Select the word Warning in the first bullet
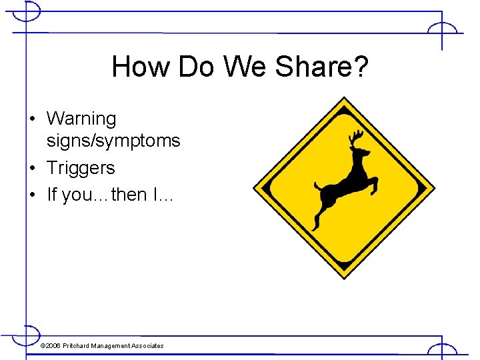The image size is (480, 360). (81, 119)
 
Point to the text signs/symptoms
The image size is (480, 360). (113, 141)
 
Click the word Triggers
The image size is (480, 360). (81, 168)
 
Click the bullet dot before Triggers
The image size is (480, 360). (33, 169)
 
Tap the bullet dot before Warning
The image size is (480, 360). (33, 119)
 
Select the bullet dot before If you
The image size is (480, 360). (33, 195)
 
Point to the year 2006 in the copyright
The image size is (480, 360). (53, 345)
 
